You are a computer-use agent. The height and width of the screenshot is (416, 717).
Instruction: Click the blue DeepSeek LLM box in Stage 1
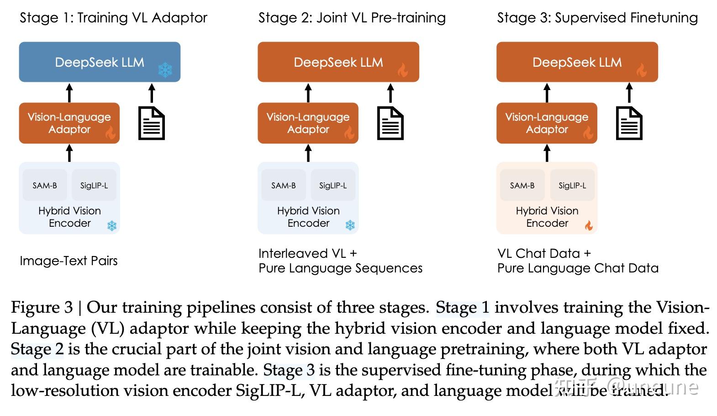pos(99,62)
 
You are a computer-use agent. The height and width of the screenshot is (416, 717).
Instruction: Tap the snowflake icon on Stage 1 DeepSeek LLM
pos(165,70)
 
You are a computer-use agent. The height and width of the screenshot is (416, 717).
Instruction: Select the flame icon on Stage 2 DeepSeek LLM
pos(402,70)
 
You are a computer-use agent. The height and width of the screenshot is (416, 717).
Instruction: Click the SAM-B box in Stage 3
pos(522,185)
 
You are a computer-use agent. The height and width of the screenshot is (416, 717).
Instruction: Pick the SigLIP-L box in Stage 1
pos(94,185)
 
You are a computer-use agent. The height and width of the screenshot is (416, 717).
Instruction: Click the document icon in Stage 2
pos(390,123)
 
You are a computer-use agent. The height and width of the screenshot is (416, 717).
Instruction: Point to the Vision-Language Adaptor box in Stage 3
pos(547,123)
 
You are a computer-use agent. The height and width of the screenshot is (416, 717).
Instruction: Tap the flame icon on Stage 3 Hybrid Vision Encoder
pos(589,225)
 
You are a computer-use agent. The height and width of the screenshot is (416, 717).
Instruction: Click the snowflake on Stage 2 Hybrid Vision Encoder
pos(350,225)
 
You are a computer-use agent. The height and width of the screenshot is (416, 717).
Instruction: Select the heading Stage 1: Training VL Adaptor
pos(113,18)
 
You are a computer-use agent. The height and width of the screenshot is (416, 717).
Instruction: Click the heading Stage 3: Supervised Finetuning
pos(597,18)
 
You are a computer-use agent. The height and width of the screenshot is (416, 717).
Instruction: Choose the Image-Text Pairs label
pos(69,261)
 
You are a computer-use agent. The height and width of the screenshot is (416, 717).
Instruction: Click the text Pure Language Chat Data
pos(578,268)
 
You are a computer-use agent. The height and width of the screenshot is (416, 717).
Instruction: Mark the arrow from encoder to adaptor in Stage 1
pos(69,153)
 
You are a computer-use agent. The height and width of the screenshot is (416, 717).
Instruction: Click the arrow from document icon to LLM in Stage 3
pos(629,93)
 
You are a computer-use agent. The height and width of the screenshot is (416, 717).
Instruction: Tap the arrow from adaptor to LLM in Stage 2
pos(308,93)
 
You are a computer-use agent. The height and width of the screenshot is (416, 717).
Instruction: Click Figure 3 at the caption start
pos(42,307)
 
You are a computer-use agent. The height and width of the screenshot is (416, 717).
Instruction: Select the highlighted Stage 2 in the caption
pos(37,349)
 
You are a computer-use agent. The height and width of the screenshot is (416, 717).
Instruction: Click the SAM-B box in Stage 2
pos(283,185)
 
